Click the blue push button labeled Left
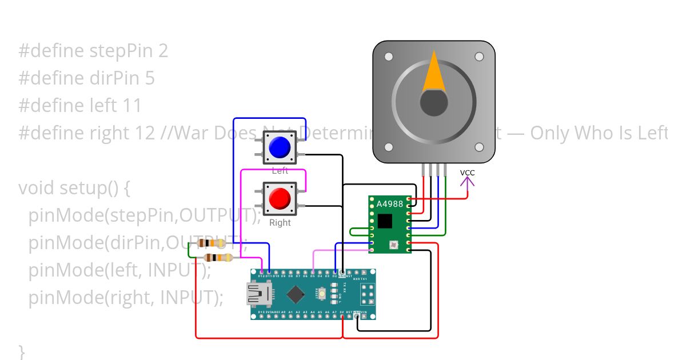coord(280,147)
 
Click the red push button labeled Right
coord(280,198)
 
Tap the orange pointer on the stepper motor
coord(434,73)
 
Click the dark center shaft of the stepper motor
coord(434,103)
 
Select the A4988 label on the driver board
coord(389,203)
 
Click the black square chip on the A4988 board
coord(385,221)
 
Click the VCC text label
coord(468,173)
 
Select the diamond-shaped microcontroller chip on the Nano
coord(295,294)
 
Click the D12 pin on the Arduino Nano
coord(261,273)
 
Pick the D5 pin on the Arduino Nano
coord(313,273)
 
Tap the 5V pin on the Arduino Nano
coord(342,316)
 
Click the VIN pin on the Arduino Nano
coord(364,316)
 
